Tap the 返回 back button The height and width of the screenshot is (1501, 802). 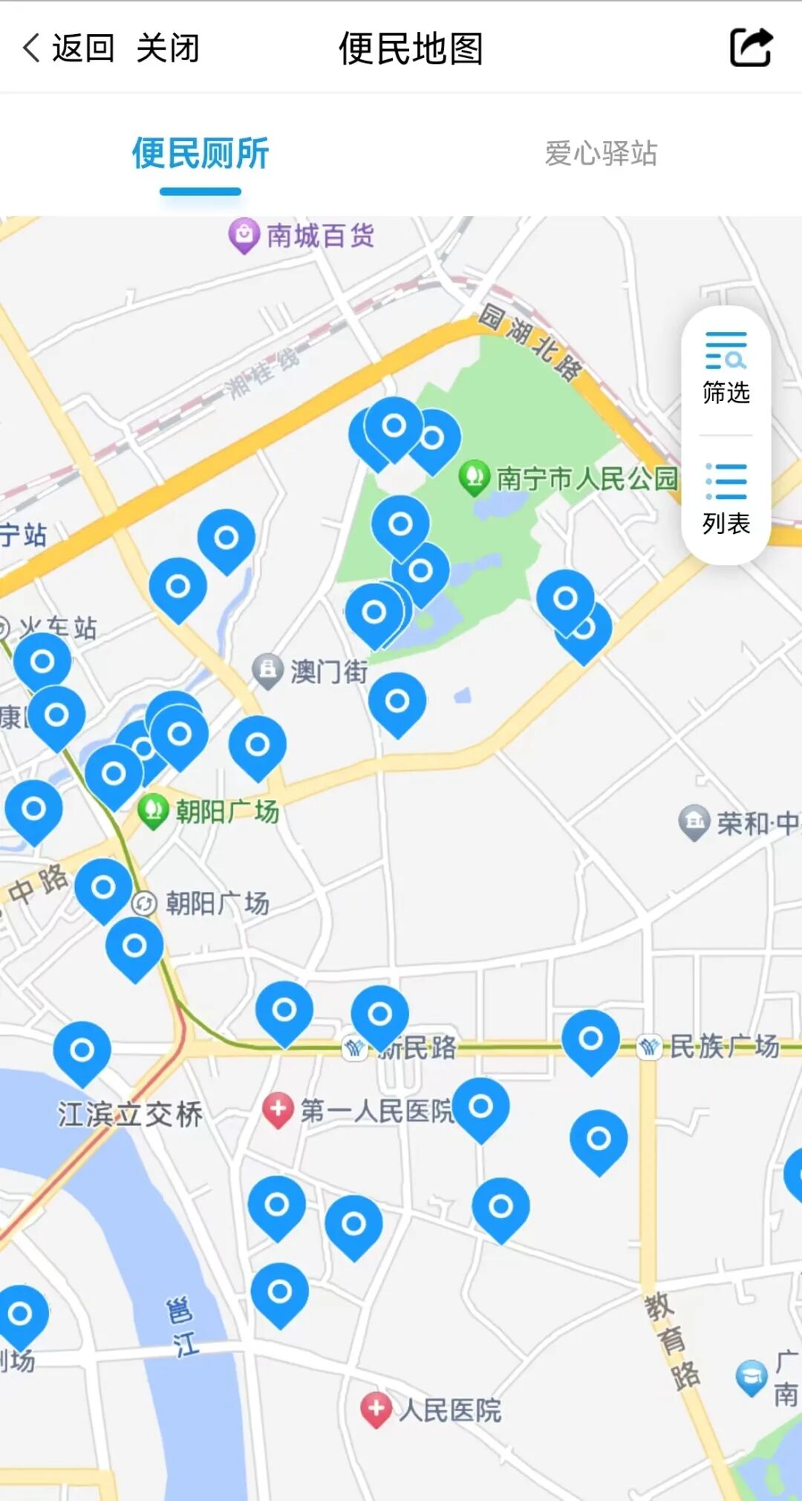[68, 49]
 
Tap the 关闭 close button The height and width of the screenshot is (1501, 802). [168, 49]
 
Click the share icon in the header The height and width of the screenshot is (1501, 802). [751, 48]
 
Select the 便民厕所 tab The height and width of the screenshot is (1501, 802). [200, 154]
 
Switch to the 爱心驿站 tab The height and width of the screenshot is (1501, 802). [601, 154]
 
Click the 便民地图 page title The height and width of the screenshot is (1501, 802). [411, 49]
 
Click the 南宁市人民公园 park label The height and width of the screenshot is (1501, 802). [587, 478]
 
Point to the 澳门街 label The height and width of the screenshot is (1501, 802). [329, 671]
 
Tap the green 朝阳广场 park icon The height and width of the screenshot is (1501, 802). [154, 810]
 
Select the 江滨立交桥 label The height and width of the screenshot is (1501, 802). [130, 1114]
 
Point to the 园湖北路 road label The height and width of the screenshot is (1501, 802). [529, 342]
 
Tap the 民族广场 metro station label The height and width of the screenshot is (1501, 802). [724, 1046]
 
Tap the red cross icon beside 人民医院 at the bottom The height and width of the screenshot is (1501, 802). [376, 1409]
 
